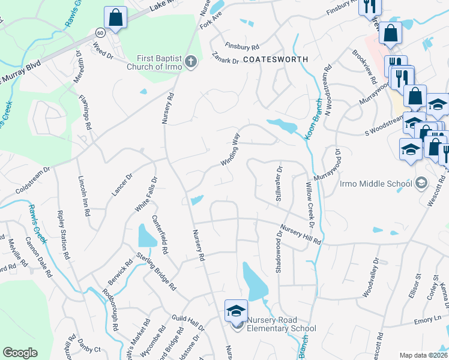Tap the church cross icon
pyautogui.click(x=191, y=61)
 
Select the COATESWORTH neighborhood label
pyautogui.click(x=276, y=59)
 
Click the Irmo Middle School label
pyautogui.click(x=375, y=183)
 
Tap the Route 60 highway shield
pyautogui.click(x=98, y=31)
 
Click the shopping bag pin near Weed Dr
pyautogui.click(x=115, y=17)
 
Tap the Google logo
pyautogui.click(x=20, y=352)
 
